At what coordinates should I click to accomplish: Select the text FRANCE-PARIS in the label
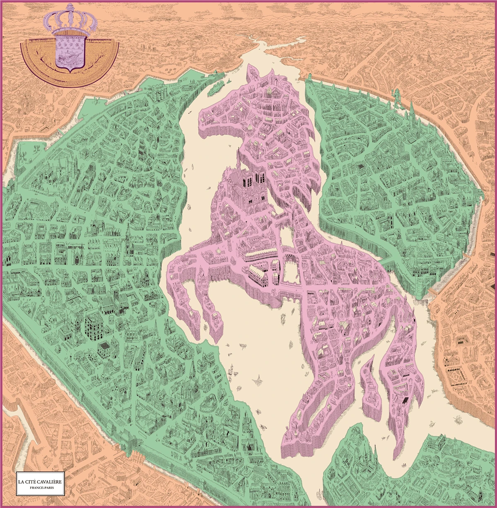(41, 489)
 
